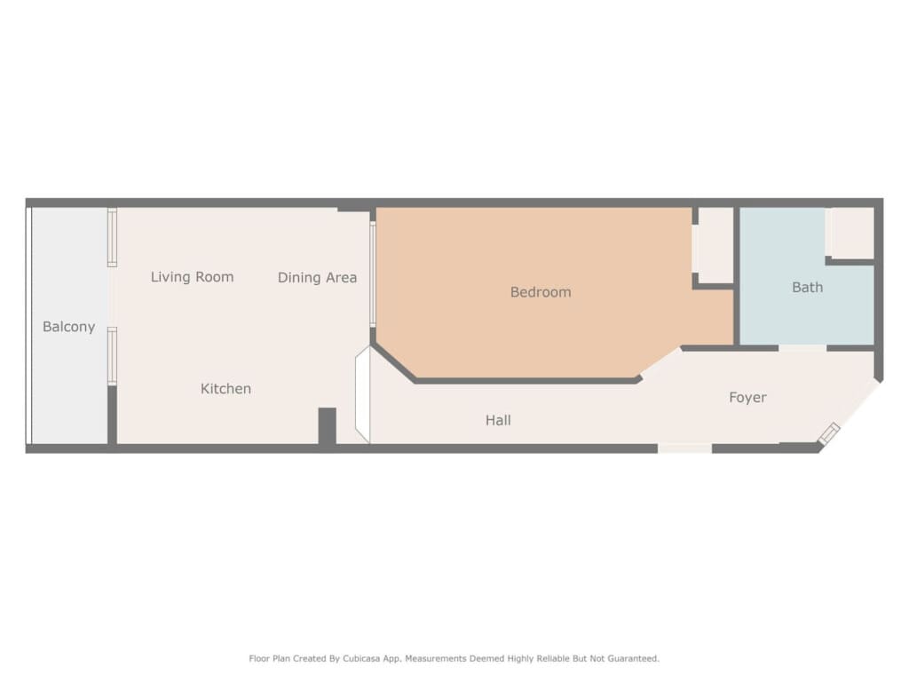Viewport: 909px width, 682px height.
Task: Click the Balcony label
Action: tap(69, 327)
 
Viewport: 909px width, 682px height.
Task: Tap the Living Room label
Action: tap(192, 277)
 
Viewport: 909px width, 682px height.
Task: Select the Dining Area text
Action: tap(317, 278)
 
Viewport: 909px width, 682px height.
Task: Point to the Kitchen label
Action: tap(225, 389)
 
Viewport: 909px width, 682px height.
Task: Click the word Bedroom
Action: tap(541, 291)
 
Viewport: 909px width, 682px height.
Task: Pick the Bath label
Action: tap(807, 287)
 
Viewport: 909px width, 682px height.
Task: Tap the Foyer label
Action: tap(747, 397)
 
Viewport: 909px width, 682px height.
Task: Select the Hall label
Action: tap(498, 420)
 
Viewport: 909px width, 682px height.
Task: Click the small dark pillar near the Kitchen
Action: tap(327, 426)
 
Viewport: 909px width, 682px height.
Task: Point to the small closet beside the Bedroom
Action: tap(716, 245)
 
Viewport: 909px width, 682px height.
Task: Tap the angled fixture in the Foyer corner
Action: tap(829, 433)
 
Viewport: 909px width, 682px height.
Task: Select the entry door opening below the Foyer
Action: tap(684, 448)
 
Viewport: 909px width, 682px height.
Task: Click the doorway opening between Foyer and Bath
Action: tap(802, 348)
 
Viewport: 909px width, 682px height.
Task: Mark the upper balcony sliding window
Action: tap(112, 238)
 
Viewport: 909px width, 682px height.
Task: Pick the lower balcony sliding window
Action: tap(112, 356)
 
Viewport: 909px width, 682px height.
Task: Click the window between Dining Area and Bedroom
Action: tap(373, 274)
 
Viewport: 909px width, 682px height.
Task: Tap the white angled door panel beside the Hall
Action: tap(363, 395)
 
